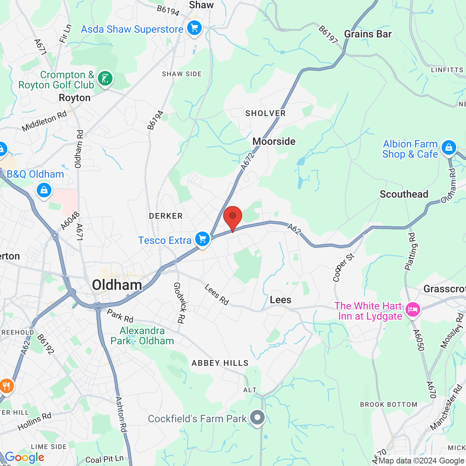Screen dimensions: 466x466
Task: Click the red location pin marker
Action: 232,217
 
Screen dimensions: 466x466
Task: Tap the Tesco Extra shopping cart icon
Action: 202,240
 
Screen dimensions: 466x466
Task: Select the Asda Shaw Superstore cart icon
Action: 194,28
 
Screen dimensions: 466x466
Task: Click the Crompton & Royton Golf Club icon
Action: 105,79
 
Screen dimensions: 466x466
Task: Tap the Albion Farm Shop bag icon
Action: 449,148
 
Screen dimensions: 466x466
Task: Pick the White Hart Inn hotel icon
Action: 412,310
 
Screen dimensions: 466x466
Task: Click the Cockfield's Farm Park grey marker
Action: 257,418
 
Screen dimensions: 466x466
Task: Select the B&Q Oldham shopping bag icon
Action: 44,190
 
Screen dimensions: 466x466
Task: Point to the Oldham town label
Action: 117,285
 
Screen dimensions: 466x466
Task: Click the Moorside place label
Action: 274,141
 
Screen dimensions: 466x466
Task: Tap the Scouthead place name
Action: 404,194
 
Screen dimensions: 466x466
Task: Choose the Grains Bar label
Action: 368,34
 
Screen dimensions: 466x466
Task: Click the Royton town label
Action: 75,98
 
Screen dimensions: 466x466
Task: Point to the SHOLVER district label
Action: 265,113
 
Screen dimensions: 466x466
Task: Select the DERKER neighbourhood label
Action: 166,216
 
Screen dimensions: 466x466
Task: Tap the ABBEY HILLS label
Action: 220,363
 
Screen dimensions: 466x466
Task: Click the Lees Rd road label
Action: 217,295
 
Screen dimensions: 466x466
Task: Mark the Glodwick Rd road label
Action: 179,303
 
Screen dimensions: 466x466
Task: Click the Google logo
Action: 24,457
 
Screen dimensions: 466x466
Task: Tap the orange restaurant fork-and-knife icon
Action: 6,386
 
